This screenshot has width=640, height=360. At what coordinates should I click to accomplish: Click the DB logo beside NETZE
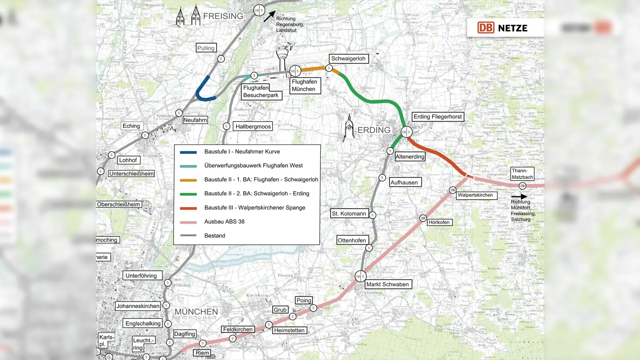coord(486,28)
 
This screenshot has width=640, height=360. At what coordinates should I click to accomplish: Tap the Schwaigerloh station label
coord(348,59)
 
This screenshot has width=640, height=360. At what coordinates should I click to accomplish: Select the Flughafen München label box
coord(305,86)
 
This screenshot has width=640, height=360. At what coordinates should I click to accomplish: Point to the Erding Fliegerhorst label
coord(438,117)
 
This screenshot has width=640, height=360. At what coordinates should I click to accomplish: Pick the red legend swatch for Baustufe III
coord(188,208)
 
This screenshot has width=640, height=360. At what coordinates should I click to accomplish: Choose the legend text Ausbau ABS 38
coord(224,222)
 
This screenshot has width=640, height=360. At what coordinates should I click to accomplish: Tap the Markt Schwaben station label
coord(388,284)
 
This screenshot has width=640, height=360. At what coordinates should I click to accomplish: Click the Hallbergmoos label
coord(253,127)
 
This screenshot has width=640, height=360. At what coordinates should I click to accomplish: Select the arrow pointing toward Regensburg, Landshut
coord(269,16)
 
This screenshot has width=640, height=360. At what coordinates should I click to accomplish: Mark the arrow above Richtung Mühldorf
coord(519,196)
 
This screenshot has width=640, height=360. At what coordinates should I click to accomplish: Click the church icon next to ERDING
coord(349,128)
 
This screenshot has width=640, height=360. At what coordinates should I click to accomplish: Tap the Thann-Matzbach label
coord(522,174)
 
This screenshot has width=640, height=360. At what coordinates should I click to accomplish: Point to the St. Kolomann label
coord(349,214)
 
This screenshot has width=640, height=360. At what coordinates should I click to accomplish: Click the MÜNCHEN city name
coord(196,312)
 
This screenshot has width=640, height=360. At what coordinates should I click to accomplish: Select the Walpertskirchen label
coord(475,195)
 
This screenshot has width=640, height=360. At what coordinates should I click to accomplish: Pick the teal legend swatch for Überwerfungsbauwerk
coord(188,166)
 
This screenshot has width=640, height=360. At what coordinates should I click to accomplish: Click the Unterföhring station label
coord(141,276)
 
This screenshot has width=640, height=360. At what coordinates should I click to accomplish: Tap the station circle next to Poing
coord(314,308)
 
